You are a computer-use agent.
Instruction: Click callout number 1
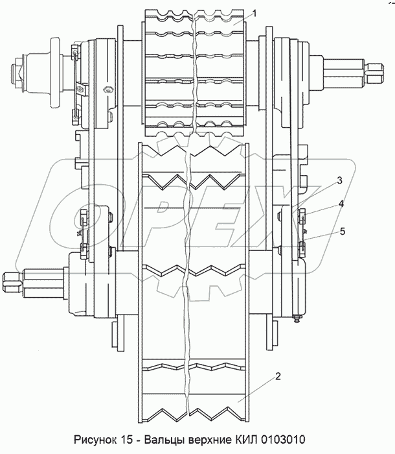click(255, 12)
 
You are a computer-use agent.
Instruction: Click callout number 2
click(276, 376)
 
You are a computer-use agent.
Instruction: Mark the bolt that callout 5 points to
click(302, 245)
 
